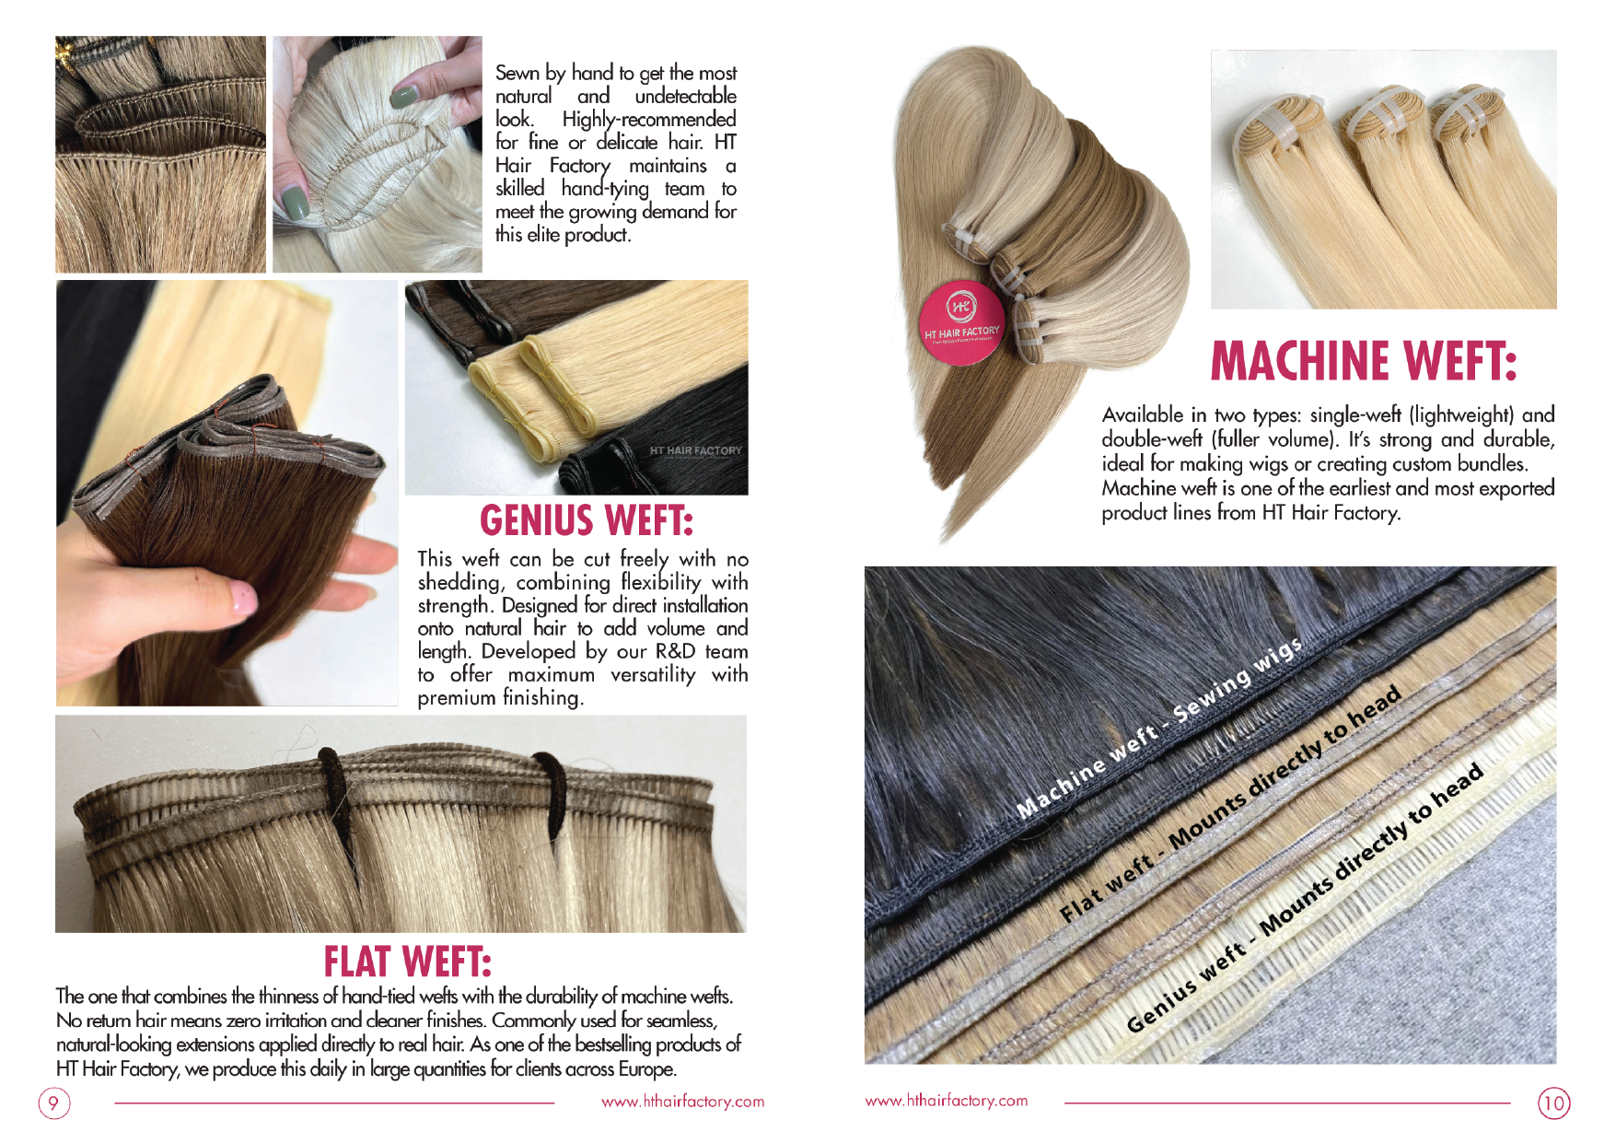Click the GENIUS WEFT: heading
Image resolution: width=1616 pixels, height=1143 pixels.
pyautogui.click(x=587, y=520)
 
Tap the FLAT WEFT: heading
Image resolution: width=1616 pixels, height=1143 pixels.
pyautogui.click(x=407, y=962)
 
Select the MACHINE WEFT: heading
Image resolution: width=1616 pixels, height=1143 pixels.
pyautogui.click(x=1363, y=360)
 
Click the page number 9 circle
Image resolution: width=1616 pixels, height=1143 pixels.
pyautogui.click(x=54, y=1102)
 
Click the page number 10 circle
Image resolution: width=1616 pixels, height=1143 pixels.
pyautogui.click(x=1554, y=1102)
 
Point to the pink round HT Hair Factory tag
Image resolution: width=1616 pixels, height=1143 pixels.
pyautogui.click(x=962, y=323)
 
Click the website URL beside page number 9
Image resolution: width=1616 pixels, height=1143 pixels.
pyautogui.click(x=682, y=1102)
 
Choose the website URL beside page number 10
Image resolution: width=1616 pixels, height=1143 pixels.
pyautogui.click(x=946, y=1101)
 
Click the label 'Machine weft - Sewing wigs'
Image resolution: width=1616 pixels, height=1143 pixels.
pyautogui.click(x=1160, y=728)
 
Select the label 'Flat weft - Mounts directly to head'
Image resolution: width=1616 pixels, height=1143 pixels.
pyautogui.click(x=1230, y=804)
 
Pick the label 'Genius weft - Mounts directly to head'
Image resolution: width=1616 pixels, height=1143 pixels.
pyautogui.click(x=1305, y=897)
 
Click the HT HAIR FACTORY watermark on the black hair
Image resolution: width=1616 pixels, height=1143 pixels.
pyautogui.click(x=695, y=451)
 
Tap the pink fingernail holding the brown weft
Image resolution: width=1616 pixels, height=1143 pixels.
pyautogui.click(x=243, y=598)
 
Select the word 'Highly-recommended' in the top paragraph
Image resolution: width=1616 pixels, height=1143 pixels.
pyautogui.click(x=649, y=120)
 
